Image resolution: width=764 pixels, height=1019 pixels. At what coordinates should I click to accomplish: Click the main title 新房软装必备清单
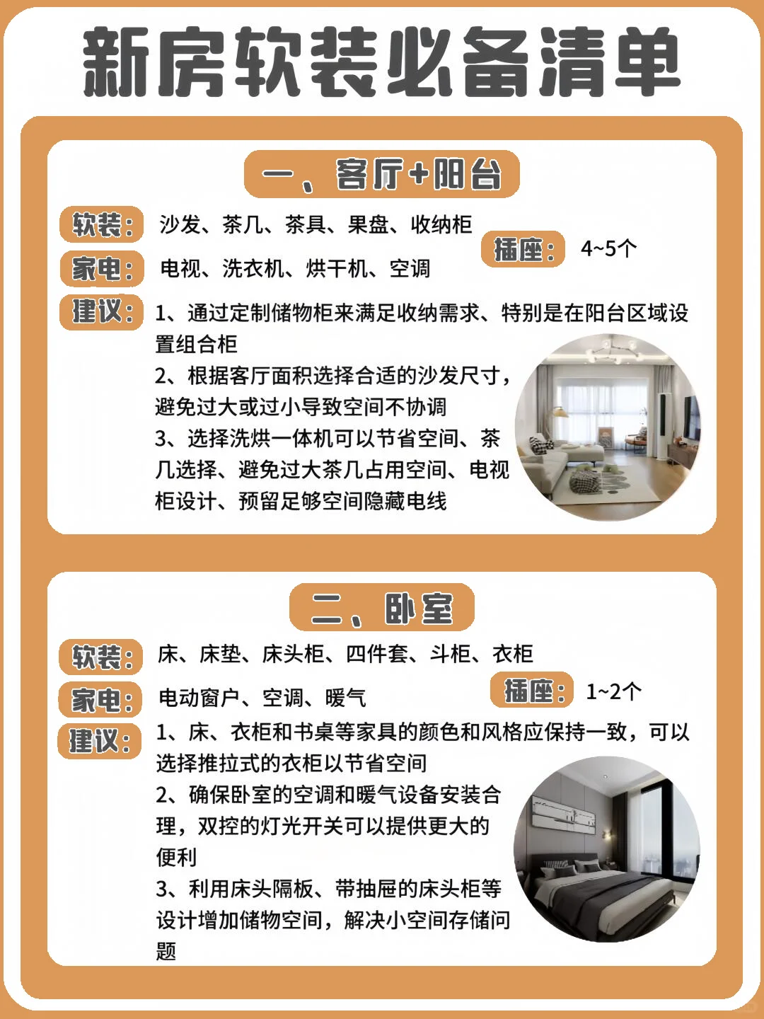pos(382,62)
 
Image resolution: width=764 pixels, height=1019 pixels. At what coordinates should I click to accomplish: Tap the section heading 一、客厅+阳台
pos(382,174)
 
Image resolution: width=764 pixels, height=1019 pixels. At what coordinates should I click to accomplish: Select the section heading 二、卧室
pos(382,607)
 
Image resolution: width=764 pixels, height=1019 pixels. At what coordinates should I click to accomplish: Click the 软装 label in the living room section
pos(102,225)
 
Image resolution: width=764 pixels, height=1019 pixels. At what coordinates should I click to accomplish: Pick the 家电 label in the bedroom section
pos(100,700)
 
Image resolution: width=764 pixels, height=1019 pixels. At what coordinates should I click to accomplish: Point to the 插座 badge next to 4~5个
pos(523,249)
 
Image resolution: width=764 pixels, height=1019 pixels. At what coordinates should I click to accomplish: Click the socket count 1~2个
pos(613,691)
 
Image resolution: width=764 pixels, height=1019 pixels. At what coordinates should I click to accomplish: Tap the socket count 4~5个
pos(608,248)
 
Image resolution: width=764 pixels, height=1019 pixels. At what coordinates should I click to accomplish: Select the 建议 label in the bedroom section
pos(100,741)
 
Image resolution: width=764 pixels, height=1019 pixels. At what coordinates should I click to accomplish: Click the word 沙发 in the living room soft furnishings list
pos(180,224)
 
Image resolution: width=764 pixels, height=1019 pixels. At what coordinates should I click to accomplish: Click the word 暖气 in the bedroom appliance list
pos(345,698)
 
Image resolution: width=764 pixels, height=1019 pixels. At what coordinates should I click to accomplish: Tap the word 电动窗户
pos(199,698)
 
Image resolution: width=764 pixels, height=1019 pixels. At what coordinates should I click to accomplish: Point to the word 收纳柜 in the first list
pos(441,224)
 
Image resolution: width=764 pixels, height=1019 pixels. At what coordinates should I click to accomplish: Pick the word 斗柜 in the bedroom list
pos(450,654)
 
